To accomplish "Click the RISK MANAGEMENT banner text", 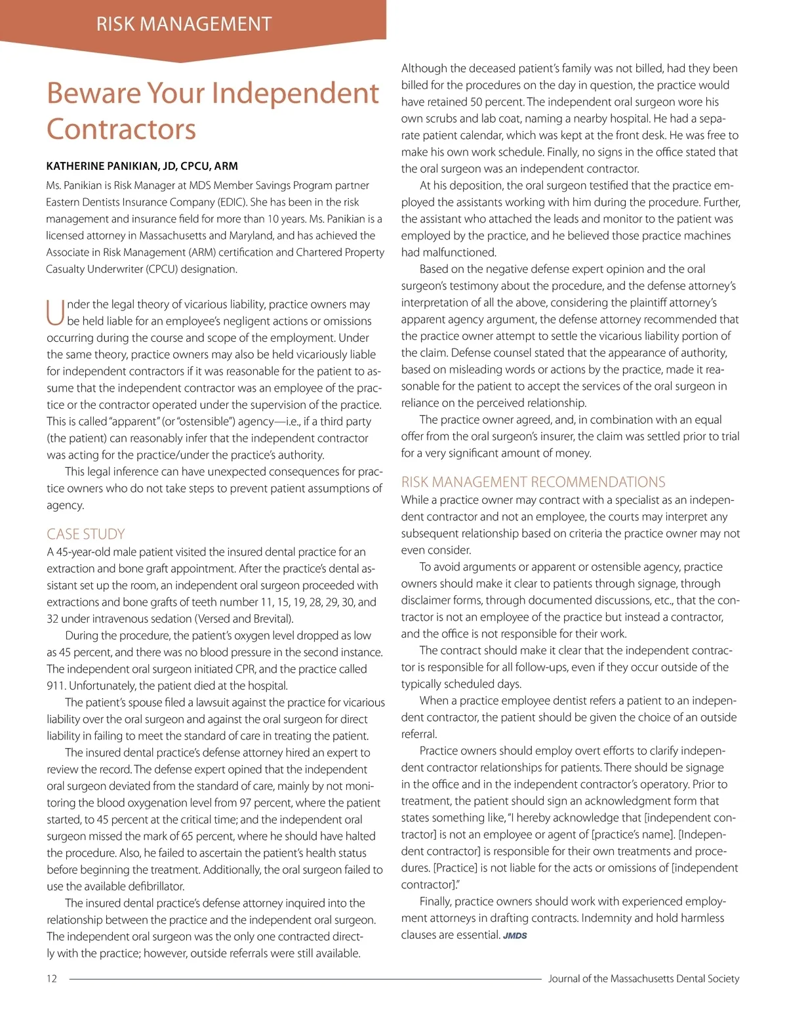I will click(x=184, y=24).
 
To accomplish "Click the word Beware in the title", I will click(x=92, y=93).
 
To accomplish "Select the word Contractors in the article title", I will click(x=121, y=129).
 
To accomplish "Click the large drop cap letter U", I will click(x=55, y=312).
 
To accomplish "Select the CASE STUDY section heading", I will click(x=85, y=534).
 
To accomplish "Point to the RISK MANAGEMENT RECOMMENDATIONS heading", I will click(x=533, y=482).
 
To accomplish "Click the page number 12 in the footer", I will click(x=52, y=978).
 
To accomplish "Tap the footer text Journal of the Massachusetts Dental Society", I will click(x=643, y=978).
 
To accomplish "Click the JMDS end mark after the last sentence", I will click(x=515, y=936).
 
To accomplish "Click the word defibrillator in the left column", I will click(x=151, y=886).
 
